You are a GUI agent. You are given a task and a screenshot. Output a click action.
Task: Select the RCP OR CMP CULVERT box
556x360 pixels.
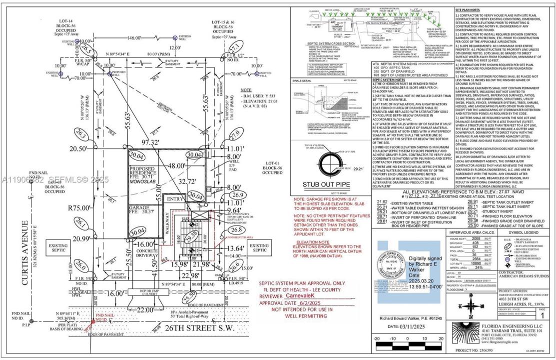(145, 305)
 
